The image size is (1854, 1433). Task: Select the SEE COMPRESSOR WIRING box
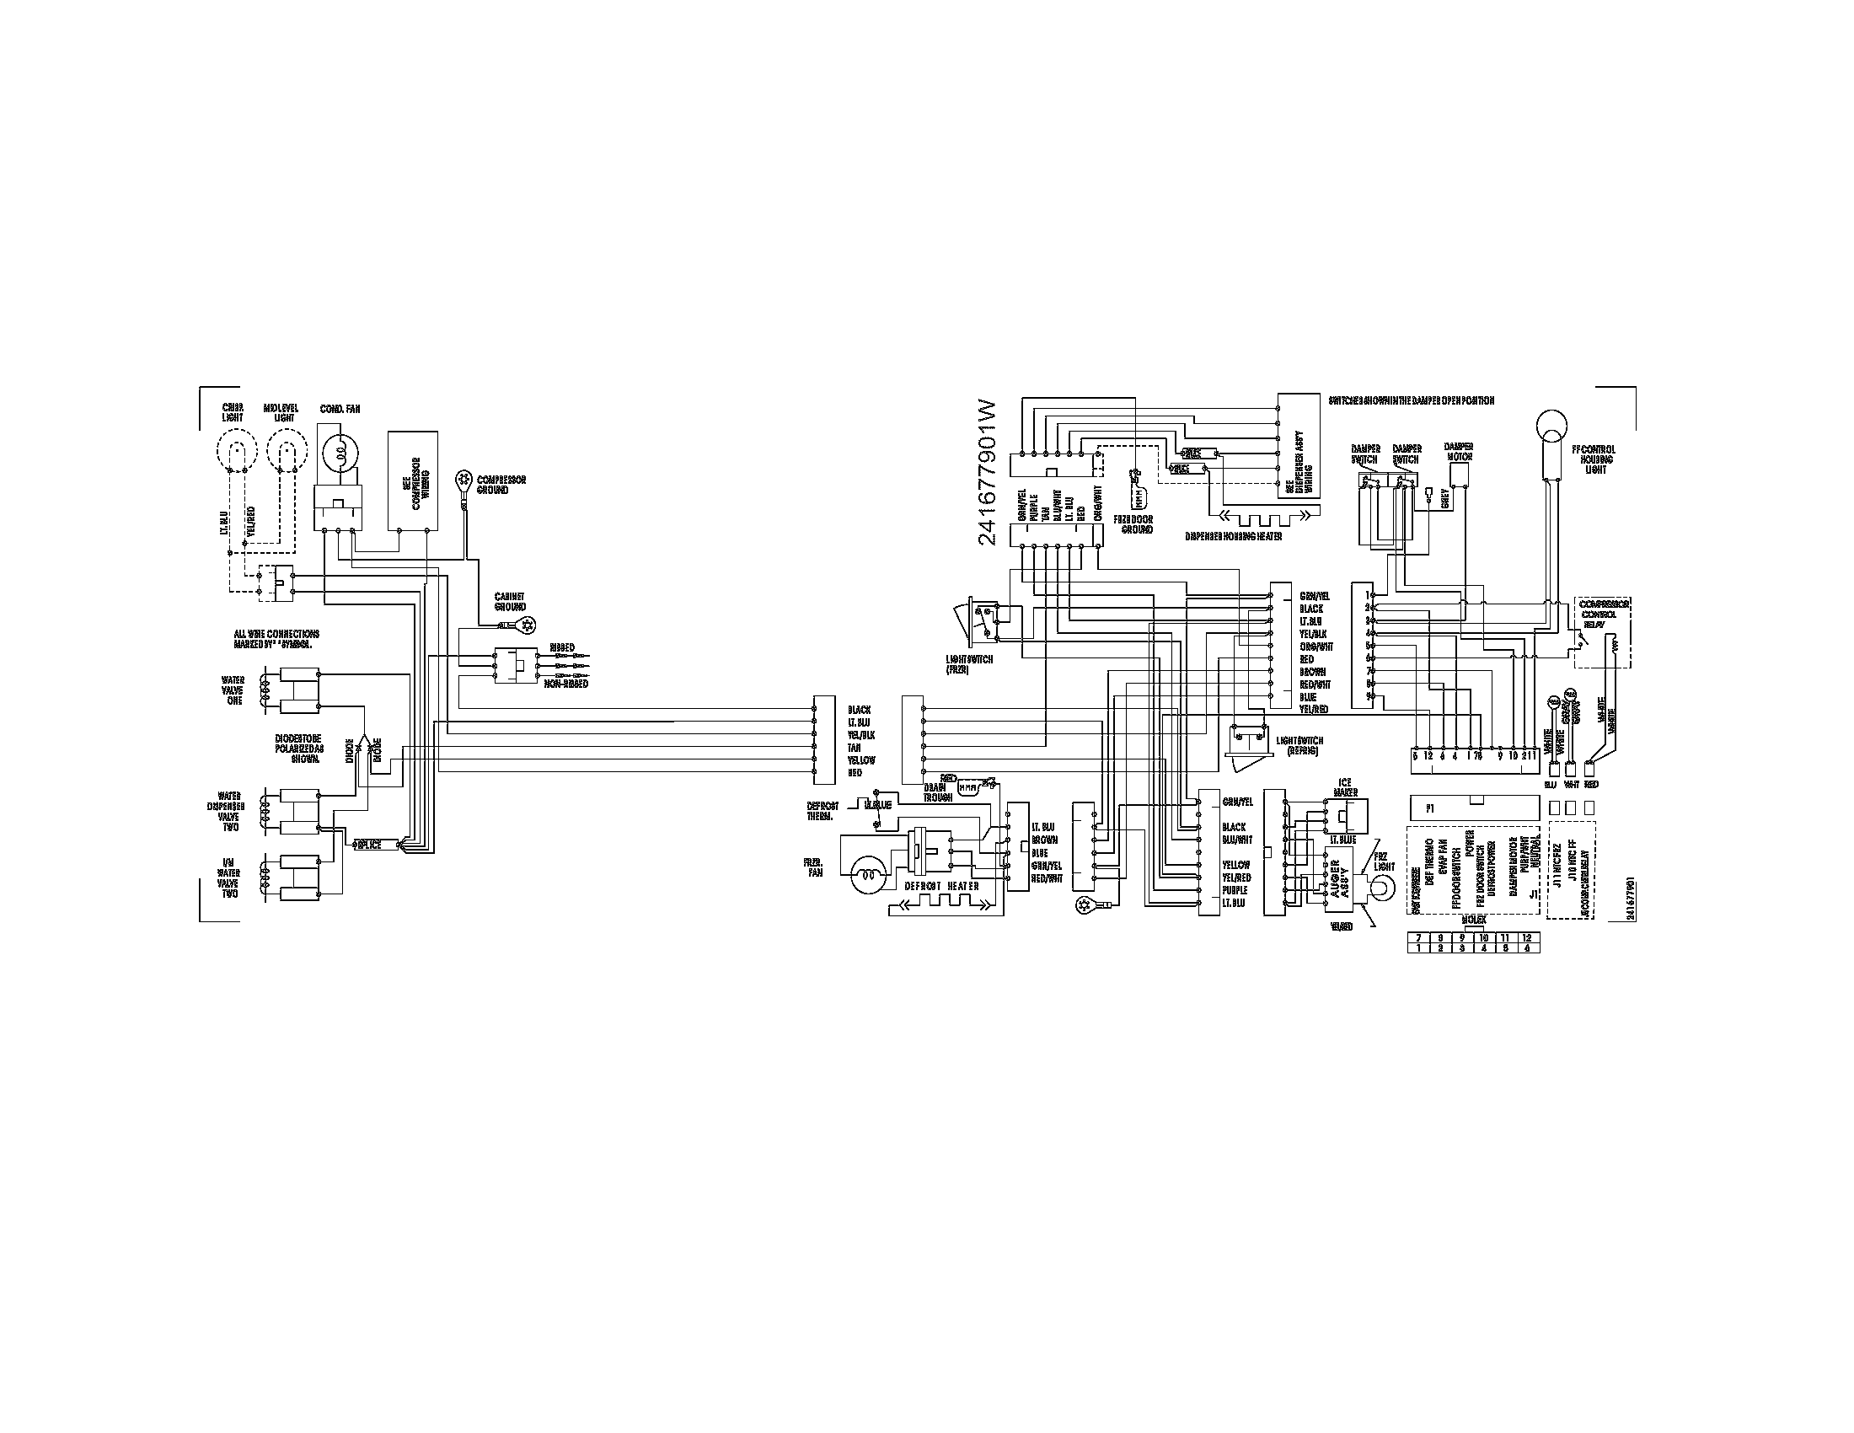pos(413,479)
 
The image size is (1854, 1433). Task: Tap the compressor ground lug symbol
pos(463,480)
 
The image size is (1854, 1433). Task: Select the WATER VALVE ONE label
pos(232,690)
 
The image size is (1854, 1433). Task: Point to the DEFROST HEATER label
pos(941,886)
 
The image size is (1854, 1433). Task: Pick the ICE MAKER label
pos(1348,787)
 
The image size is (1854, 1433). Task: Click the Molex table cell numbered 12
pos(1526,937)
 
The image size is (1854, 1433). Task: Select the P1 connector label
pos(1430,808)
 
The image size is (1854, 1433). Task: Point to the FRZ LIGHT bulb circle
pos(1382,888)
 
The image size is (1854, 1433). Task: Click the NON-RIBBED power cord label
pos(565,684)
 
